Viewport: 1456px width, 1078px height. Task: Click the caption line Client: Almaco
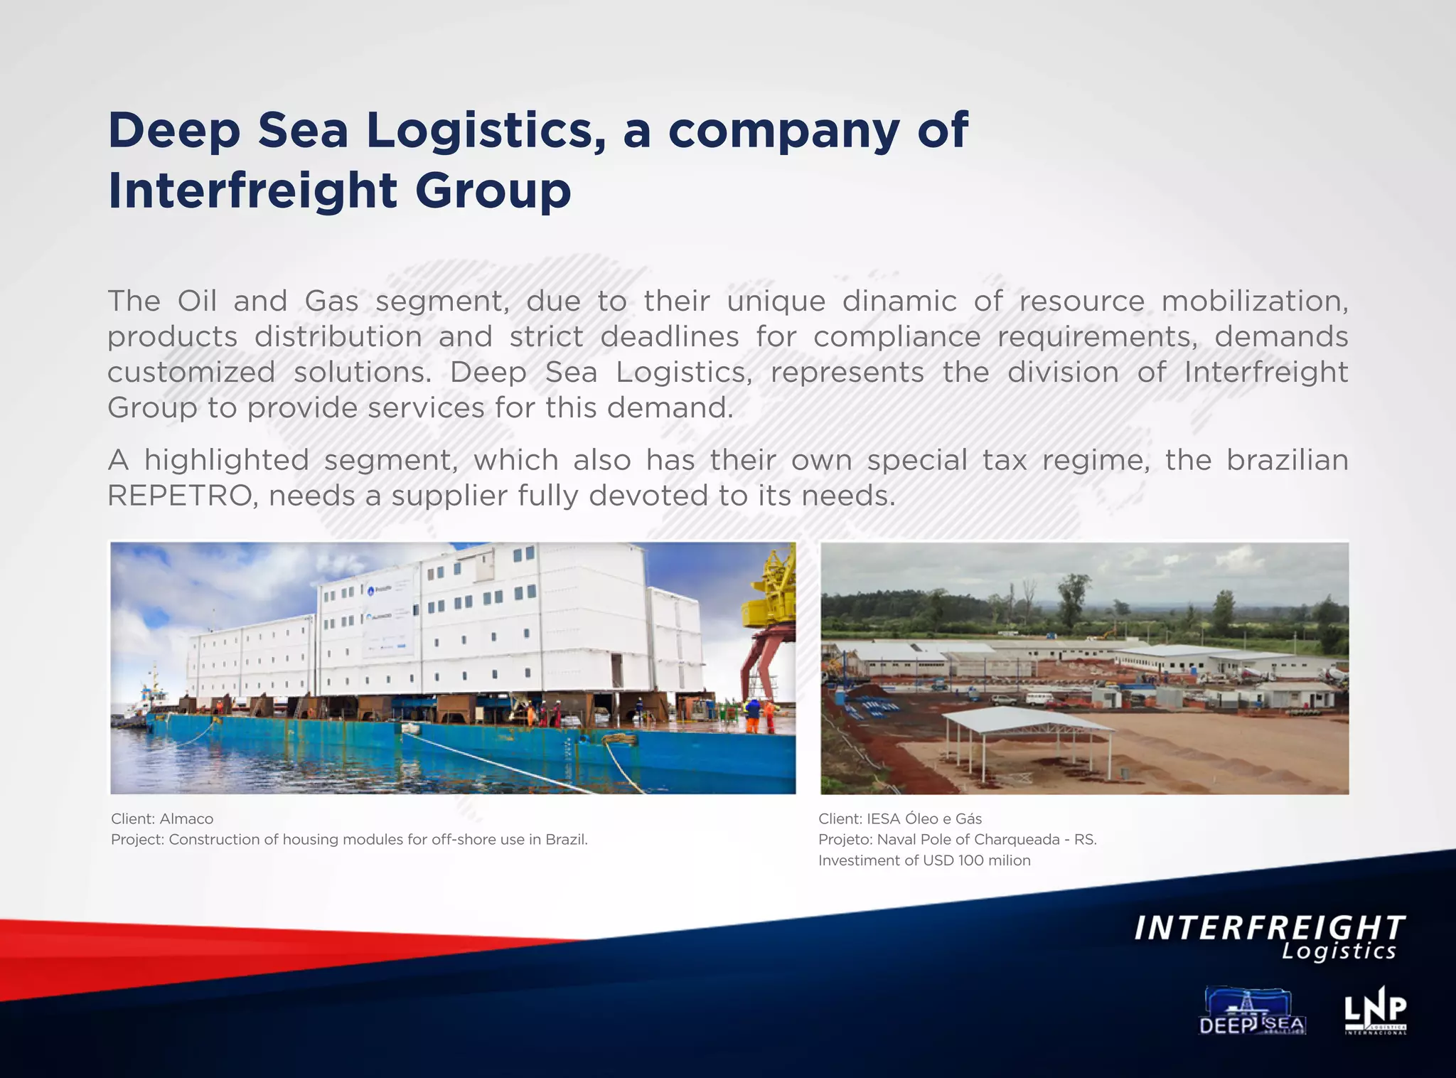(162, 818)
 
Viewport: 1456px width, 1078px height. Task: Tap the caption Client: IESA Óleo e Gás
(900, 818)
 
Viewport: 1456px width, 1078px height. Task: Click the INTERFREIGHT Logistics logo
(1269, 938)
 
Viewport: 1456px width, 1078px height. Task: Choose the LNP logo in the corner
(1375, 1010)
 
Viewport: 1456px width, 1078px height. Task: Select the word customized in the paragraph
(191, 373)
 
